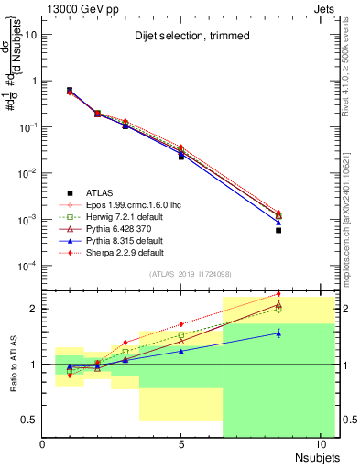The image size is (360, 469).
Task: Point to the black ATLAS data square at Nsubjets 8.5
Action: [278, 230]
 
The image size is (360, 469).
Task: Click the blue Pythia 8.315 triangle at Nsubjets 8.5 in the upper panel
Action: [278, 222]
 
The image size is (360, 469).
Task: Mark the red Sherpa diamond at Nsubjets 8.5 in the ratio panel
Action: [278, 294]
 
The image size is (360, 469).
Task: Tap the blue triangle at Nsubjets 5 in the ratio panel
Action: [181, 351]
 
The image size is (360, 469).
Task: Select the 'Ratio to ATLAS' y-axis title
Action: [15, 365]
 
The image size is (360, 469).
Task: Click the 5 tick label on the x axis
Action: [181, 445]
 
